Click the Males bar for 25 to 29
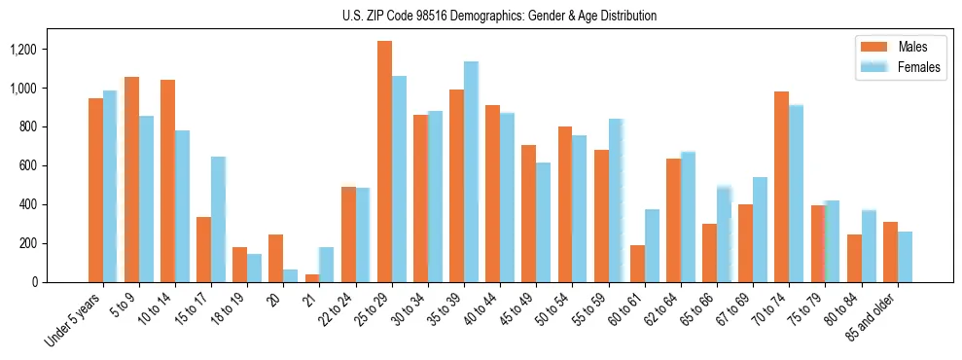[x=384, y=162]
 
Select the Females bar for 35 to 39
[x=471, y=172]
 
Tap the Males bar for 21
[x=312, y=278]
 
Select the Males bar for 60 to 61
[x=637, y=264]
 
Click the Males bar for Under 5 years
[x=95, y=190]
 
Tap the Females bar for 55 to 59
[x=616, y=200]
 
